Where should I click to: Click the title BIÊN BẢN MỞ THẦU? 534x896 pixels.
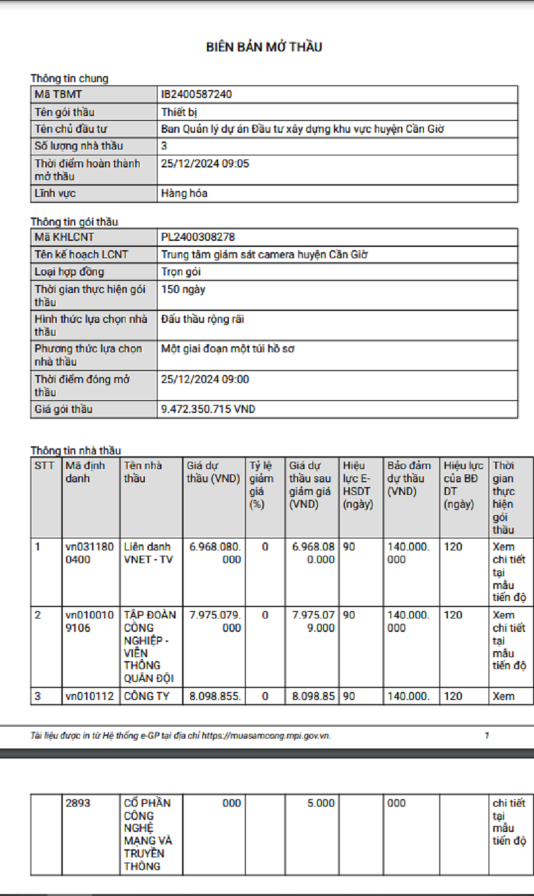[x=264, y=47]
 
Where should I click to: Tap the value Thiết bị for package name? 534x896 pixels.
[x=179, y=112]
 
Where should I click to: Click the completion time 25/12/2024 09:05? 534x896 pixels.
[x=205, y=163]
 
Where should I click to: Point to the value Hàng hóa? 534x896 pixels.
[x=184, y=193]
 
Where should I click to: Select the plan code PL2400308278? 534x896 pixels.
[x=198, y=238]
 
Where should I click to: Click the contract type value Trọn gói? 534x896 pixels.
[x=181, y=272]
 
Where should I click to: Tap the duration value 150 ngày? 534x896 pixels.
[x=183, y=290]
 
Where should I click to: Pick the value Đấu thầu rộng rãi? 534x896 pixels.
[x=203, y=320]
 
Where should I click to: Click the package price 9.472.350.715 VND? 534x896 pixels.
[x=208, y=409]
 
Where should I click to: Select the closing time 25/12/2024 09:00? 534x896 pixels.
[x=205, y=380]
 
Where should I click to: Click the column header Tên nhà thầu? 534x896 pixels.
[x=143, y=472]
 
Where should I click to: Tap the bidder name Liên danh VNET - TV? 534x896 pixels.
[x=148, y=553]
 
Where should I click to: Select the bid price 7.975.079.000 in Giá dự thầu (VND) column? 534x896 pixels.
[x=215, y=621]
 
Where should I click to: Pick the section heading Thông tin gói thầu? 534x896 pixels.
[x=74, y=221]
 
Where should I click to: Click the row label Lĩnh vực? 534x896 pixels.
[x=55, y=193]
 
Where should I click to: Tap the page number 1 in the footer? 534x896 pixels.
[x=487, y=735]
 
